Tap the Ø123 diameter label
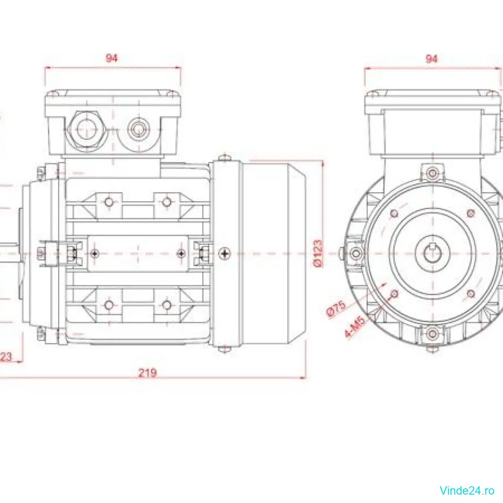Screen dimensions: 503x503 [318, 253]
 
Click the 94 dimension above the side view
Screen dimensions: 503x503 [111, 58]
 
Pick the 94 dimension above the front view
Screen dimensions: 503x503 [431, 59]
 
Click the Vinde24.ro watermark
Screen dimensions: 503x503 [467, 489]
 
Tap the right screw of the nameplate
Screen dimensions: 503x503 [181, 253]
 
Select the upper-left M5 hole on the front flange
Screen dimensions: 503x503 [394, 213]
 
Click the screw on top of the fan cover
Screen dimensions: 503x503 [225, 158]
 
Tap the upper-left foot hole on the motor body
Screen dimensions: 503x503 [109, 202]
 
